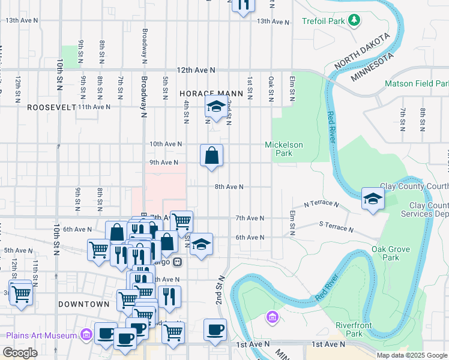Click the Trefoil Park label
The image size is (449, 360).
323,21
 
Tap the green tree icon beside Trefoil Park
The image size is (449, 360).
355,21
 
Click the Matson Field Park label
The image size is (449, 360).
417,83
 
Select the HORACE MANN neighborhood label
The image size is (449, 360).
211,94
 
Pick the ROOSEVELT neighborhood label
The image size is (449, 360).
52,107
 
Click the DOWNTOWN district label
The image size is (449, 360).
84,304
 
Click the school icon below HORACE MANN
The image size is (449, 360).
215,107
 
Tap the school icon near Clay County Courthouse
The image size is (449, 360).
373,198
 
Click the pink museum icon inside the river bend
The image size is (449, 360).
272,316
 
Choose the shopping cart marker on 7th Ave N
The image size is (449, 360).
181,221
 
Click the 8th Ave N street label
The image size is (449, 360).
229,187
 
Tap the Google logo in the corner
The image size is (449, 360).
20,352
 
